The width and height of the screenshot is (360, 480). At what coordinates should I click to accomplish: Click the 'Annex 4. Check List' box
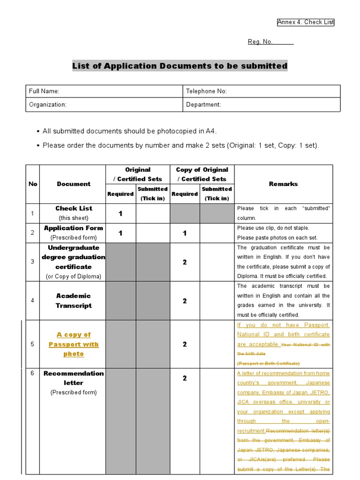[x=306, y=22]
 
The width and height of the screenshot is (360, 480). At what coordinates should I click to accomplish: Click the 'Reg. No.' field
[x=270, y=42]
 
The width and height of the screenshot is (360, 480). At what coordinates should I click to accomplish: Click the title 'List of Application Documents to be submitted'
[x=180, y=66]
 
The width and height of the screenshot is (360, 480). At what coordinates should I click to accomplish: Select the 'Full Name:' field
[x=104, y=91]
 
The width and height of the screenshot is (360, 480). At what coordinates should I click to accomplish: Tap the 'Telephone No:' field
[x=262, y=91]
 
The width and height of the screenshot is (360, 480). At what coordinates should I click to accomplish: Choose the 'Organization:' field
[x=104, y=105]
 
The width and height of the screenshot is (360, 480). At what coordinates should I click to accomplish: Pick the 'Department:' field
[x=262, y=105]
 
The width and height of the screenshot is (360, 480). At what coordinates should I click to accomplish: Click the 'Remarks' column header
[x=283, y=184]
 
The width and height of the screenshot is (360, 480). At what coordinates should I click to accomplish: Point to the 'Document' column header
[x=74, y=184]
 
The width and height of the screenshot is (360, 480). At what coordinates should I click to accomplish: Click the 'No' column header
[x=33, y=184]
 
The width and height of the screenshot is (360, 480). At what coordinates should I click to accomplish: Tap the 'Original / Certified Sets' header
[x=137, y=174]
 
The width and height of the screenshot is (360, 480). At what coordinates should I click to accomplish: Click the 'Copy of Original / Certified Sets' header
[x=202, y=174]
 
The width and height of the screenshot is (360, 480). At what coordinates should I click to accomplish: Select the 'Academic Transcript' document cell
[x=74, y=300]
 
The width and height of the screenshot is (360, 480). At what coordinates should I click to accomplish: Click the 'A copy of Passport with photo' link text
[x=74, y=344]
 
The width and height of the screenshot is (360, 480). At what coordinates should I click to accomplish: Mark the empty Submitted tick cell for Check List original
[x=152, y=214]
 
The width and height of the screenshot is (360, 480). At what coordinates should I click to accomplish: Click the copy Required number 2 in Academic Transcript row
[x=185, y=301]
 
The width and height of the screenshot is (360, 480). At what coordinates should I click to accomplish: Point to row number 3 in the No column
[x=33, y=262]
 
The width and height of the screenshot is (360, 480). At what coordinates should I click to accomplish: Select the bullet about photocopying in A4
[x=129, y=131]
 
